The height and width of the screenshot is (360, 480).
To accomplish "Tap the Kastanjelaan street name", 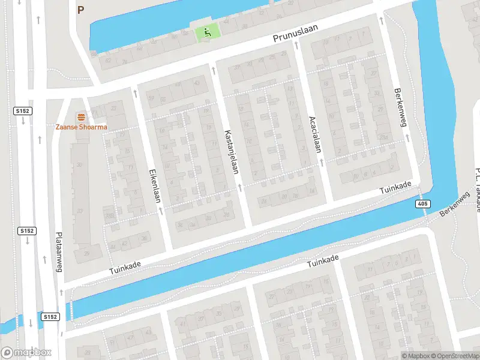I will click(x=231, y=152).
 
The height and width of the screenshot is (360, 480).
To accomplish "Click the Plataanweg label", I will click(x=59, y=253).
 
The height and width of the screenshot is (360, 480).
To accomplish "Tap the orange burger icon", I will click(x=80, y=116).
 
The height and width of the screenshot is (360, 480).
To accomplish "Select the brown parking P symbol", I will click(x=81, y=10).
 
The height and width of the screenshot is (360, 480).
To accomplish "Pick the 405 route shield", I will click(x=422, y=205).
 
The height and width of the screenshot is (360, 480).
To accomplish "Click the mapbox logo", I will click(x=25, y=352).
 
